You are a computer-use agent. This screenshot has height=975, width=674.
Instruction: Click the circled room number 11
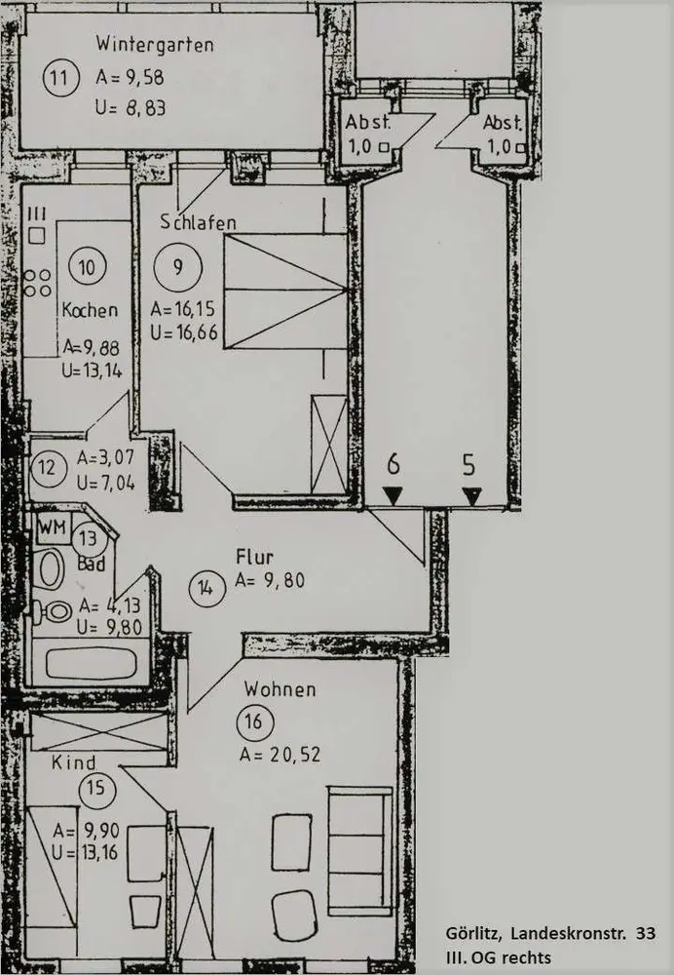coord(61,78)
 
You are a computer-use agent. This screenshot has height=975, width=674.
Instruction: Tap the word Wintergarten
coord(155,44)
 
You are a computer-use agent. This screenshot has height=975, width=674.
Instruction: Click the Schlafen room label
coord(200,223)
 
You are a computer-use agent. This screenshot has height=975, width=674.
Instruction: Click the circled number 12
coord(47,466)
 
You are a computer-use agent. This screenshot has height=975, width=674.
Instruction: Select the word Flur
coord(254,557)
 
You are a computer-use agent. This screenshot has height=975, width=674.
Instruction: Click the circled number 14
coord(206,588)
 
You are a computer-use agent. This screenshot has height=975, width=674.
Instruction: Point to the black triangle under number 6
coord(393,496)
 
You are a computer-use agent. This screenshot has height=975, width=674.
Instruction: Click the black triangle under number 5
coord(471,496)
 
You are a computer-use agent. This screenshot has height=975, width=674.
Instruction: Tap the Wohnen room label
coord(280,689)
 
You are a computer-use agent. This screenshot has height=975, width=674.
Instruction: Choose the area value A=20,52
coord(280,753)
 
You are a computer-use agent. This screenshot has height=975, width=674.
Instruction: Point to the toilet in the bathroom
coord(54,612)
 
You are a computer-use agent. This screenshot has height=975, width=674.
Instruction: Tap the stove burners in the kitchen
coord(38,282)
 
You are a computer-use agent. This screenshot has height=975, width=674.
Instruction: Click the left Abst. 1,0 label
coord(368,134)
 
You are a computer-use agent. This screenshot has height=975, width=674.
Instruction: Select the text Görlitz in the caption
coord(473,933)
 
